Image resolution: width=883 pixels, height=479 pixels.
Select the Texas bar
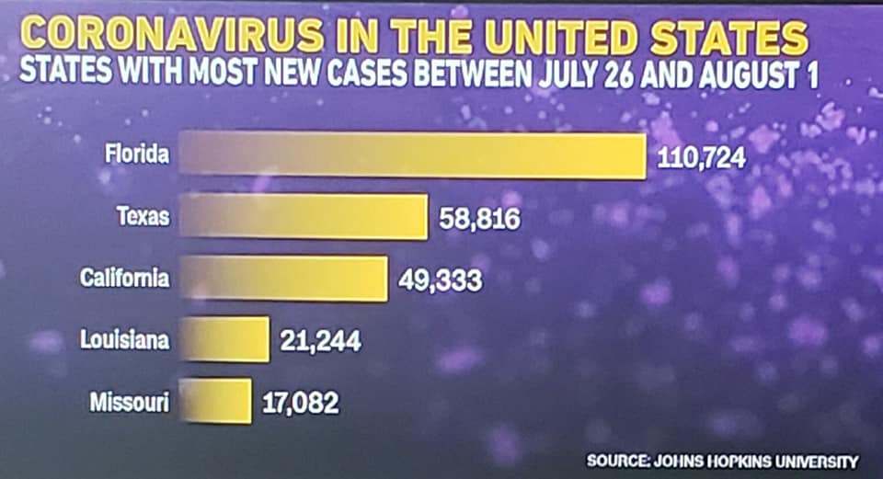[304, 217]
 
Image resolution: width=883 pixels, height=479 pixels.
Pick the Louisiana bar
[224, 340]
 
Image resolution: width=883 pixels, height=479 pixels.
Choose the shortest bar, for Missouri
[215, 401]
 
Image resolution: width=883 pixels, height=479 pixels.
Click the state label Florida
[136, 154]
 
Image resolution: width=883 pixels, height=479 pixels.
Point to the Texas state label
[143, 216]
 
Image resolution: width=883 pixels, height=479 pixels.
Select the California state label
[125, 277]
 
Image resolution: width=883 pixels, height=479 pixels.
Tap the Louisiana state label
[125, 340]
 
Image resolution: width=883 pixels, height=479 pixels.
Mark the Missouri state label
[130, 401]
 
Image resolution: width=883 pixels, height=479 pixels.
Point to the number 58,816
[479, 220]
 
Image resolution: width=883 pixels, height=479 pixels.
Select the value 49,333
[440, 279]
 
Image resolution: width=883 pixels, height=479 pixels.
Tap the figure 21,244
[319, 342]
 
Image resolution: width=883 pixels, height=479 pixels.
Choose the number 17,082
[300, 402]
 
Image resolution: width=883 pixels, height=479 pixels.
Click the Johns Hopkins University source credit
[722, 461]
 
